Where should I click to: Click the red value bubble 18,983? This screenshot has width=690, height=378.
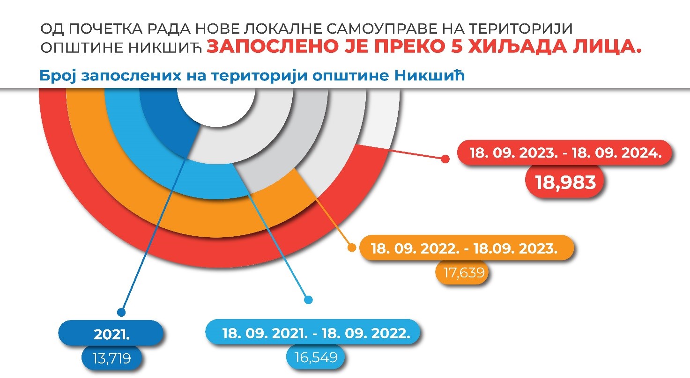point(564,182)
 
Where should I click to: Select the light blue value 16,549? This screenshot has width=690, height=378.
point(316,357)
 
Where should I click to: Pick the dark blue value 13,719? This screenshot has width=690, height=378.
point(111,358)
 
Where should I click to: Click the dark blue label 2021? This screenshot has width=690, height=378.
point(111,333)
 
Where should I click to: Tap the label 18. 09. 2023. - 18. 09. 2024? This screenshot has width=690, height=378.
point(564,153)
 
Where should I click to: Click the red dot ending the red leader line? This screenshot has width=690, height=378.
point(445,159)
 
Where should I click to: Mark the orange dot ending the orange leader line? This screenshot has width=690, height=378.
point(352,247)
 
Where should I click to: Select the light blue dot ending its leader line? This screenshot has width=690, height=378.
point(308,299)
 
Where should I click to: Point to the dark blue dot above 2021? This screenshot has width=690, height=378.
point(121,313)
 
